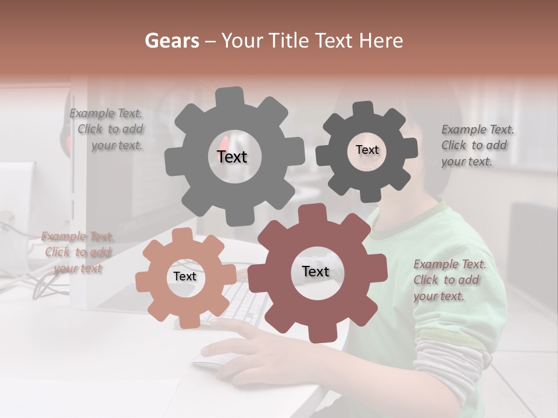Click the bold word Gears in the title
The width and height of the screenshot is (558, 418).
pyautogui.click(x=171, y=41)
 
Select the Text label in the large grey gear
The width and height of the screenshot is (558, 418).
pyautogui.click(x=232, y=157)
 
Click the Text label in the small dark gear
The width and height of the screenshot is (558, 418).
pyautogui.click(x=367, y=150)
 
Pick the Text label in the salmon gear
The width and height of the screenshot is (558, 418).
pyautogui.click(x=184, y=277)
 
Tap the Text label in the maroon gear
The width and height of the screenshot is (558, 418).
pyautogui.click(x=316, y=272)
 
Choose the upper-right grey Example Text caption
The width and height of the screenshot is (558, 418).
pyautogui.click(x=477, y=146)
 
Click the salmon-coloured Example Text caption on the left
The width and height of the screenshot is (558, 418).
pyautogui.click(x=77, y=253)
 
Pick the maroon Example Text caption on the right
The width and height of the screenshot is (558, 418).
pyautogui.click(x=449, y=280)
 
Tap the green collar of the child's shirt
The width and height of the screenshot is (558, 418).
pyautogui.click(x=407, y=226)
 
